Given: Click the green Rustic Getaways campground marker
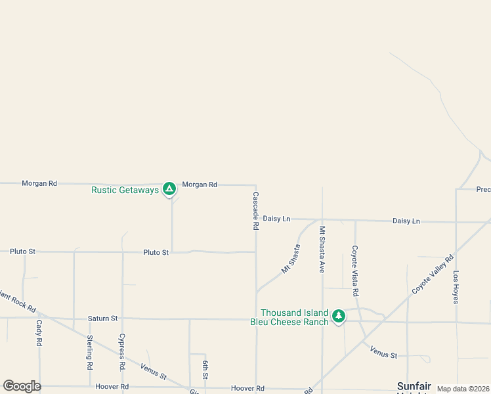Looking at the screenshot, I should click(169, 189).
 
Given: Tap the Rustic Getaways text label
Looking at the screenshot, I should click(125, 190).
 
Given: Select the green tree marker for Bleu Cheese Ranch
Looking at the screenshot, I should click(339, 317).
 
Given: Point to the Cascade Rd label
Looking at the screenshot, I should click(256, 210).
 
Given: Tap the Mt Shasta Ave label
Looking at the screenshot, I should click(322, 249).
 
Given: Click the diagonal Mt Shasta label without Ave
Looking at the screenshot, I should click(290, 259).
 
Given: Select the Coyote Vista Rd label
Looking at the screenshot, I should click(355, 270).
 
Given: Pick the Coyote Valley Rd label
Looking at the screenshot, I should click(433, 274).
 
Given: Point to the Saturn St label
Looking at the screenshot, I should click(102, 318).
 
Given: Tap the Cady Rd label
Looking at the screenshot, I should click(39, 333).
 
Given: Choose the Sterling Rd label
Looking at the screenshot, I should click(90, 351).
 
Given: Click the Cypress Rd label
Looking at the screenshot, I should click(121, 349).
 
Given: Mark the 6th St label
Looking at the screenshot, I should click(205, 370).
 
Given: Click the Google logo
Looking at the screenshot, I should click(22, 386).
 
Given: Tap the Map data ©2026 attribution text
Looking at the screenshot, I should click(463, 389).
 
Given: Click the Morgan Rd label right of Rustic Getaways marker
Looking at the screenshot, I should click(200, 185).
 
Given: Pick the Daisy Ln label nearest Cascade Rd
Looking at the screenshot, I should click(276, 218).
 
